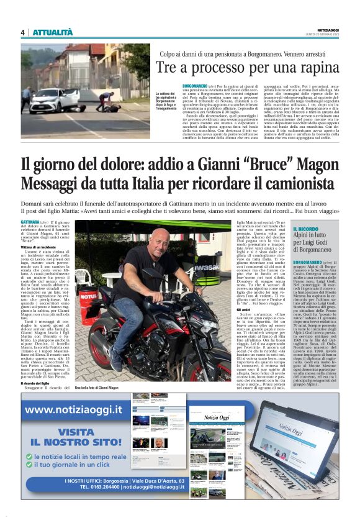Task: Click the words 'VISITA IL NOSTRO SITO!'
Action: click(x=76, y=437)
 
